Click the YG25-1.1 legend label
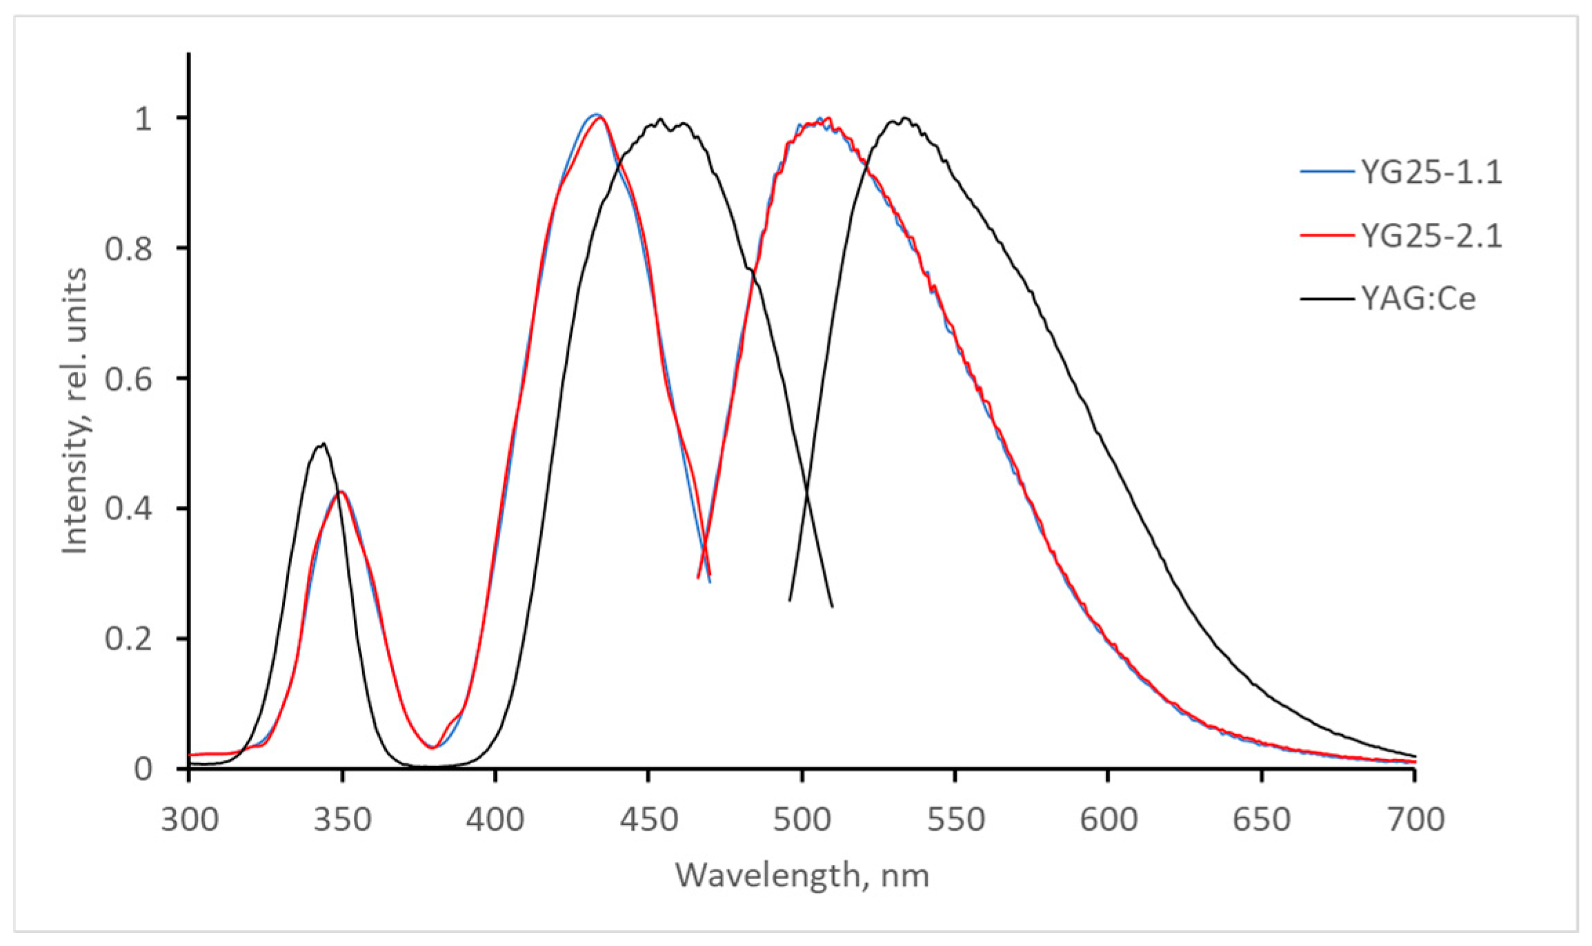point(1431,172)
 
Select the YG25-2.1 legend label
point(1431,236)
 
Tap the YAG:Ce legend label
point(1418,299)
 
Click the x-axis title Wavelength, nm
point(802,875)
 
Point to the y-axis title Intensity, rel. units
point(74,411)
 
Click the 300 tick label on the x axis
point(190,820)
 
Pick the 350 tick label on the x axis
point(343,820)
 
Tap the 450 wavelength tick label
point(648,820)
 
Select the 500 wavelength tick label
point(802,820)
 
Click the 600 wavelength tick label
point(1108,820)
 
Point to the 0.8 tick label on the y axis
point(128,248)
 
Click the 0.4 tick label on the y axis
point(128,509)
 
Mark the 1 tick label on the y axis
point(143,119)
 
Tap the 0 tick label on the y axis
point(143,769)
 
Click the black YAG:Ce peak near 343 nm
point(321,444)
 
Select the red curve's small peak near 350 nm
point(341,492)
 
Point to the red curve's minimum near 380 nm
point(432,747)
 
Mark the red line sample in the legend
point(1326,236)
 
